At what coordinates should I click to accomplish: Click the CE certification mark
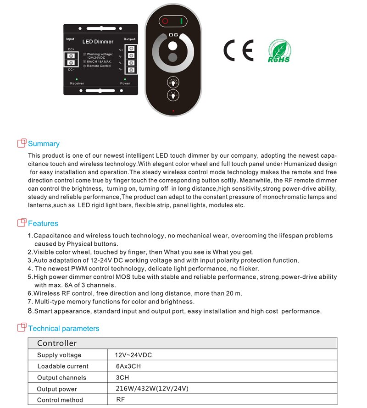[238, 50]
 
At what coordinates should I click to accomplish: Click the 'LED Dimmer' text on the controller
[98, 42]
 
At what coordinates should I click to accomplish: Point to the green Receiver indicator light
[77, 79]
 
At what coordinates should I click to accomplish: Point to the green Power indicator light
[125, 79]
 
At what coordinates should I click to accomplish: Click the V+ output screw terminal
[132, 49]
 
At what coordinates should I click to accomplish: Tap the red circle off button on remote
[165, 21]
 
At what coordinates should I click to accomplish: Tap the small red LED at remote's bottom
[173, 111]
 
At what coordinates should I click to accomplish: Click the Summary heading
[44, 143]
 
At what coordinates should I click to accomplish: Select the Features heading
[43, 223]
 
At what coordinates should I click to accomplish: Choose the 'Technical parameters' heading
[63, 328]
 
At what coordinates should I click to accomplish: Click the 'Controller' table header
[57, 343]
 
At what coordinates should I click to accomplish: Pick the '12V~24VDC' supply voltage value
[133, 355]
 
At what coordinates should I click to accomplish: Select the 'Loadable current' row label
[63, 366]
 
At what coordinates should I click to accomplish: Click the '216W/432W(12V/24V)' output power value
[152, 389]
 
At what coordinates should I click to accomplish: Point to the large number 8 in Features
[30, 311]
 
